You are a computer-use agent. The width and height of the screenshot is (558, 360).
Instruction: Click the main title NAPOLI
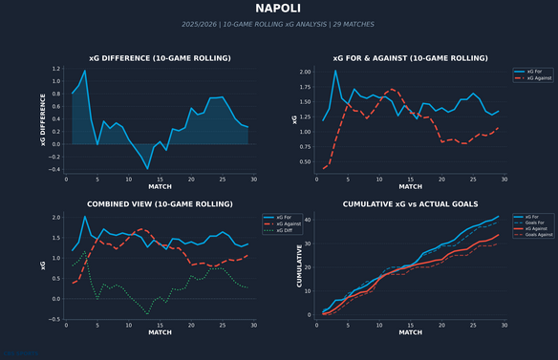(279, 9)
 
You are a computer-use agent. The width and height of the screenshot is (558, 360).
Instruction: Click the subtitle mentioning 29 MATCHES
(279, 24)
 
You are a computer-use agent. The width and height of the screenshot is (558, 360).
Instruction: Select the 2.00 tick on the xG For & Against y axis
(304, 72)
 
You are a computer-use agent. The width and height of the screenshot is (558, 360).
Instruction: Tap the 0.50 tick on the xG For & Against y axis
(304, 161)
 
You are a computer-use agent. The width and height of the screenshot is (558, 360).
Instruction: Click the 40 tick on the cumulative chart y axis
(308, 220)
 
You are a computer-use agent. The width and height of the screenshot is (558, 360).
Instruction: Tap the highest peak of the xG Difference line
(85, 71)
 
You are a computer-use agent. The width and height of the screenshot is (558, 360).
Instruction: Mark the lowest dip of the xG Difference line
(147, 169)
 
